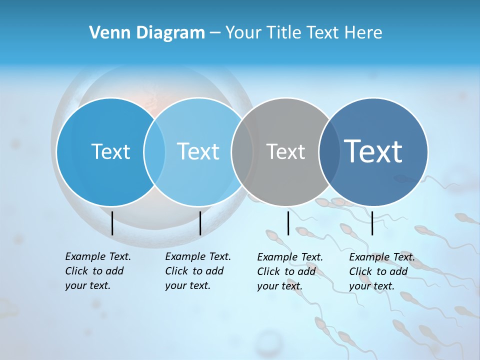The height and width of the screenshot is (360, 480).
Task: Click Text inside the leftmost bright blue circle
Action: [x=110, y=151]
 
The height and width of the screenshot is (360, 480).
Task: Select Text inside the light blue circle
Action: [x=198, y=151]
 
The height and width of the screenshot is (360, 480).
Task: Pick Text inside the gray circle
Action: [x=285, y=151]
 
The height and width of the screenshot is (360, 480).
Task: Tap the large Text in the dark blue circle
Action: [x=373, y=151]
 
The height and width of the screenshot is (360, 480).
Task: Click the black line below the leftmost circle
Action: [x=112, y=223]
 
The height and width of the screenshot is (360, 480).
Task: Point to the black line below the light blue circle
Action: [x=200, y=223]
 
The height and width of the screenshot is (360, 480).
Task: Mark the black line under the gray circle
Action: [x=288, y=223]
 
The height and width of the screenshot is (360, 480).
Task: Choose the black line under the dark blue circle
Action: [x=372, y=223]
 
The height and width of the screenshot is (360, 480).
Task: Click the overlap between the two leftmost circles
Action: [x=154, y=151]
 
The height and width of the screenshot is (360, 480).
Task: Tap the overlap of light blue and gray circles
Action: [x=242, y=151]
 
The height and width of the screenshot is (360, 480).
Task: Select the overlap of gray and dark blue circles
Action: [x=329, y=151]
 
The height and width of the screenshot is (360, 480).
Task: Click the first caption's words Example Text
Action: [x=98, y=256]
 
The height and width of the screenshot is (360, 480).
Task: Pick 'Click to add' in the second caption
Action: [x=194, y=271]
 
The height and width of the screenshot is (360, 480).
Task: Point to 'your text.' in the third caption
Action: [x=280, y=286]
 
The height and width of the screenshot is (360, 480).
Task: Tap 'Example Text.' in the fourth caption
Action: [x=382, y=257]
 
